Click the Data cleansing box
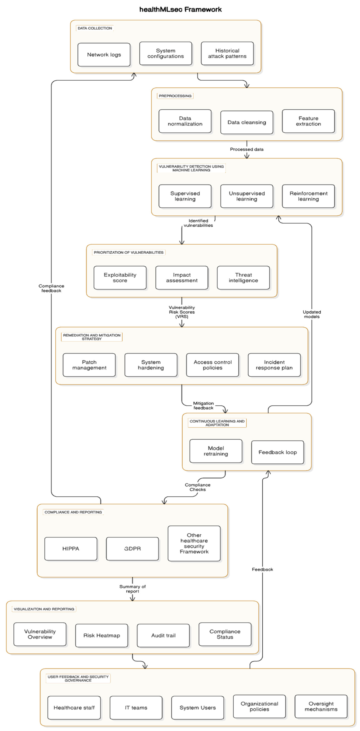(246, 122)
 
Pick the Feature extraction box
(308, 121)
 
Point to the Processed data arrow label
(246, 149)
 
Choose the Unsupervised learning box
(246, 196)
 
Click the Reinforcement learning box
(308, 196)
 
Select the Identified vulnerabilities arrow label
(198, 223)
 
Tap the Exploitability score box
(120, 278)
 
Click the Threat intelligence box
(243, 278)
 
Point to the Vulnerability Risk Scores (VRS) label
(182, 312)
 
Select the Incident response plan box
(274, 365)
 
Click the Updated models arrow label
(311, 314)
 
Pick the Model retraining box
(216, 451)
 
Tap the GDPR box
(132, 549)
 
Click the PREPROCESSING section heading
(175, 96)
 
